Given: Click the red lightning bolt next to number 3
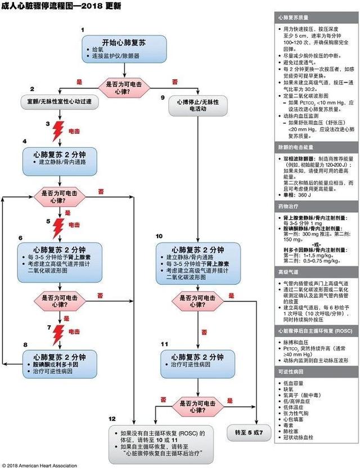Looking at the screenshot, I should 58,131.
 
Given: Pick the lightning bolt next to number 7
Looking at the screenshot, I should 58,334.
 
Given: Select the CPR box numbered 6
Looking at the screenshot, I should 62,258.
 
